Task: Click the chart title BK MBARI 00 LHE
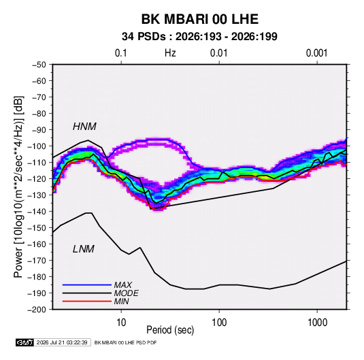(x=200, y=19)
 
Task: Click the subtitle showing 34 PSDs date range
(x=199, y=37)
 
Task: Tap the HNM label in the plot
(x=84, y=127)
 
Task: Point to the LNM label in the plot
(x=84, y=249)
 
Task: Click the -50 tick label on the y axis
(x=39, y=65)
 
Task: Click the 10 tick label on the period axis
(x=121, y=323)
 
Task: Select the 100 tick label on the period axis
(x=219, y=323)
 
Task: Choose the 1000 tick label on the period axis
(x=317, y=323)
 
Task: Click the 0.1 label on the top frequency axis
(x=121, y=53)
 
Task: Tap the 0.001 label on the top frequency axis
(x=317, y=53)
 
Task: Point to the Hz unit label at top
(x=170, y=53)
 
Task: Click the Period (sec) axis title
(x=170, y=330)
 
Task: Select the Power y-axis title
(x=18, y=186)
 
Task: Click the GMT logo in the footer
(x=24, y=342)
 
